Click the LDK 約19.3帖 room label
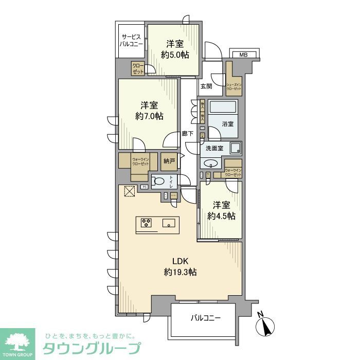click(x=179, y=266)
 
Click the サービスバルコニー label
click(x=132, y=40)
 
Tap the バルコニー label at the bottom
click(x=204, y=318)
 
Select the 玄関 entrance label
click(x=206, y=86)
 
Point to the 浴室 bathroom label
click(x=228, y=124)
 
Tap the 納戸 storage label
click(x=169, y=161)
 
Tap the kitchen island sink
click(x=168, y=223)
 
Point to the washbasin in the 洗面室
click(x=210, y=164)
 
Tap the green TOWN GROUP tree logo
click(x=17, y=342)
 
